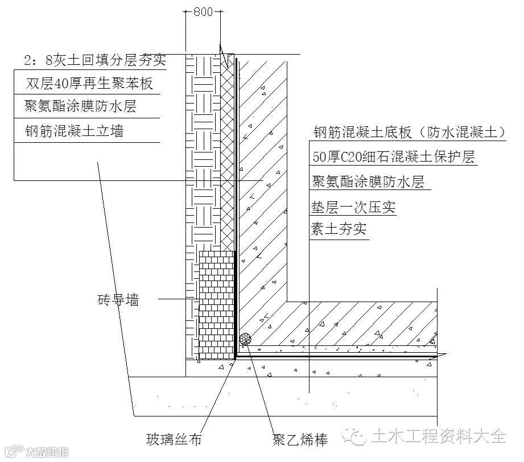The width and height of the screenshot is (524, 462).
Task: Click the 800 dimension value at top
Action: [203, 11]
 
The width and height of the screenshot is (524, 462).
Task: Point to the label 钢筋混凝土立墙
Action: [75, 131]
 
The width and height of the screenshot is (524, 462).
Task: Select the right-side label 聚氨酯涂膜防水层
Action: [368, 182]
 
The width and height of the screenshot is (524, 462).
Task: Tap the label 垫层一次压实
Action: [353, 207]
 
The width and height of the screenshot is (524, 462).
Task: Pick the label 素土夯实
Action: [339, 230]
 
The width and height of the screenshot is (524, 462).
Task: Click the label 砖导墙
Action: [118, 299]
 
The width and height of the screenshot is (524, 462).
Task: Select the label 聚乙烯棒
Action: [300, 439]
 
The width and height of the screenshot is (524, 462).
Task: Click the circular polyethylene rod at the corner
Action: [246, 339]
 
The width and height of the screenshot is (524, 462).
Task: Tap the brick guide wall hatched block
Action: [216, 304]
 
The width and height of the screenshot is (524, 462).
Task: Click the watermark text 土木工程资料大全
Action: [438, 437]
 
